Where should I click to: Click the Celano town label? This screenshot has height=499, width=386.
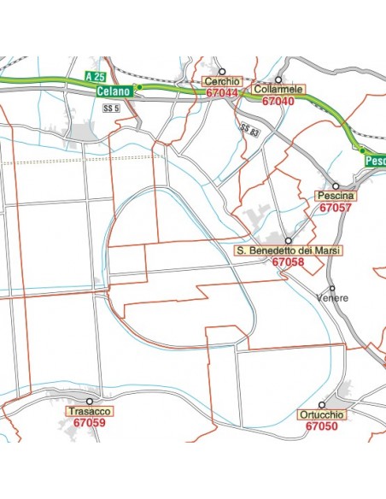pyautogui.click(x=114, y=91)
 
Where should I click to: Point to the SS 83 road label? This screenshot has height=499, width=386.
pyautogui.click(x=249, y=130)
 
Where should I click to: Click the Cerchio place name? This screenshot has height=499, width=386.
pyautogui.click(x=221, y=82)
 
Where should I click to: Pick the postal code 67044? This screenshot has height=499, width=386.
pyautogui.click(x=221, y=92)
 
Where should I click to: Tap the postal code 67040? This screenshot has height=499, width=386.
pyautogui.click(x=278, y=101)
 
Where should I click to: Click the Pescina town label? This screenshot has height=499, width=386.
pyautogui.click(x=335, y=197)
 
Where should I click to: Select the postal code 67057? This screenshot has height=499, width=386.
pyautogui.click(x=335, y=208)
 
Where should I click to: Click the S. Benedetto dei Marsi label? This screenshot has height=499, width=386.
pyautogui.click(x=288, y=251)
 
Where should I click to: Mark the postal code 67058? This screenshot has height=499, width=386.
pyautogui.click(x=288, y=262)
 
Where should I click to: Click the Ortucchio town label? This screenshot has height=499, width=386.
pyautogui.click(x=322, y=414)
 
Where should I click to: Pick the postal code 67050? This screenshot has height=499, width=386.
pyautogui.click(x=322, y=426)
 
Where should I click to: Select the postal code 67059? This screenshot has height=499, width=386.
pyautogui.click(x=90, y=422)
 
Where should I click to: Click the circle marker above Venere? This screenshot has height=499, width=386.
pyautogui.click(x=332, y=288)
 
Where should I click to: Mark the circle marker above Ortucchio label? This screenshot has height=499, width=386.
pyautogui.click(x=322, y=404)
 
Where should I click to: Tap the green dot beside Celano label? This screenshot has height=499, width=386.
pyautogui.click(x=137, y=86)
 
